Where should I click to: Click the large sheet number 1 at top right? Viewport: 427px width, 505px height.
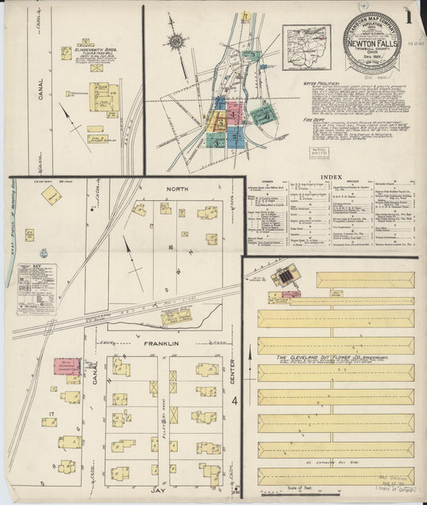pos(409,17)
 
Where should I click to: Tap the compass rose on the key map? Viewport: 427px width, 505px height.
pos(176,41)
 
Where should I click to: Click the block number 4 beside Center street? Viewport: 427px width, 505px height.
pos(235,399)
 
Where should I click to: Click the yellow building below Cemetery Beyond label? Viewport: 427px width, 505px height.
pos(52,194)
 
